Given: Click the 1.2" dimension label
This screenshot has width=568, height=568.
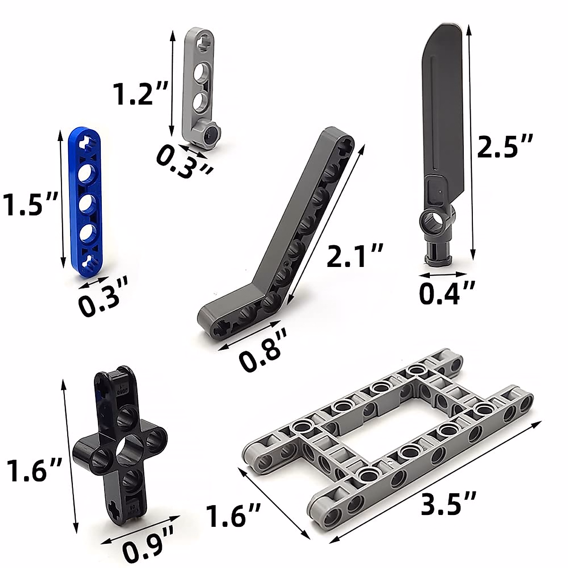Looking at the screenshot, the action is point(142,93).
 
